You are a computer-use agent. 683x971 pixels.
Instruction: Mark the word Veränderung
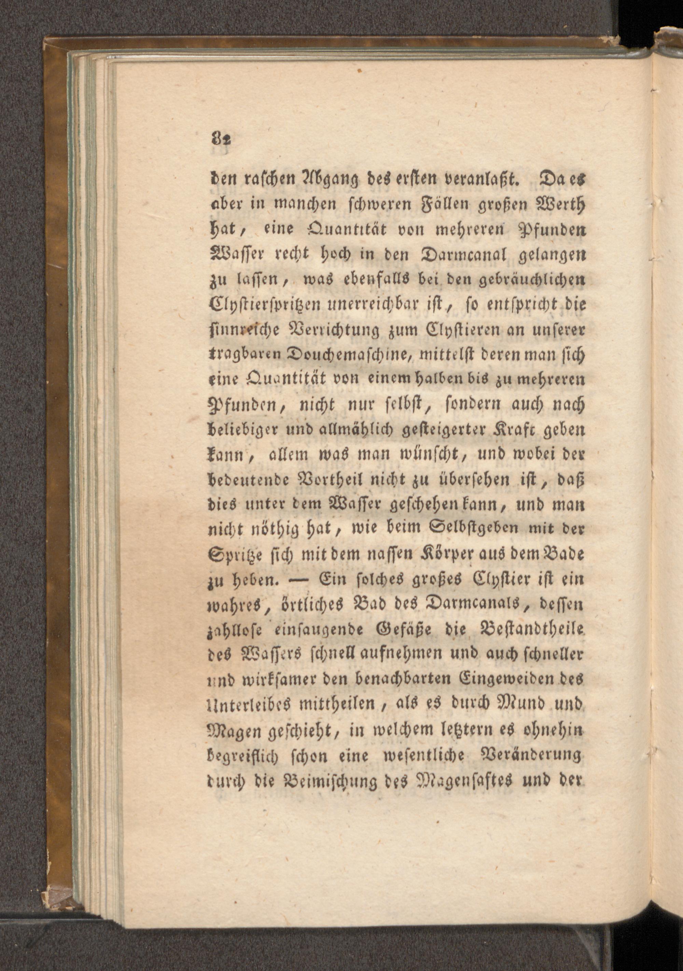pos(530,754)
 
